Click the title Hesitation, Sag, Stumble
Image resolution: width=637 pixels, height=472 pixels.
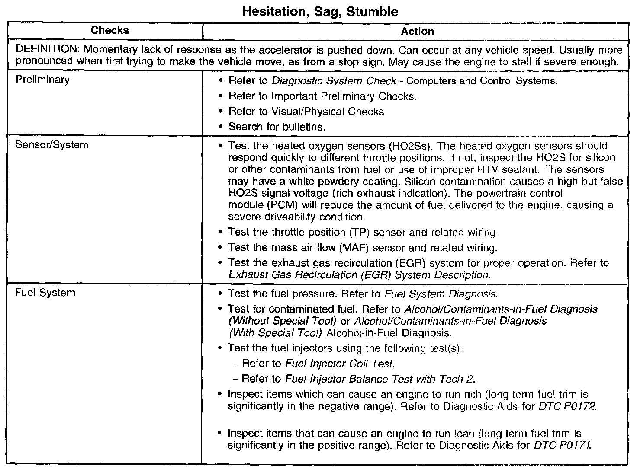tap(320, 11)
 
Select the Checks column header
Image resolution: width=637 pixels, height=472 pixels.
tap(109, 30)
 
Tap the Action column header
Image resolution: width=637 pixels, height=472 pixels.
tap(417, 31)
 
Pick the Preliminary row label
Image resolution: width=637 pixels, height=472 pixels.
tap(42, 80)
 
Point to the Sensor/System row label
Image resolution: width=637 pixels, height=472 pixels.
tap(51, 144)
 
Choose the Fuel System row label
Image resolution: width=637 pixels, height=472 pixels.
tap(45, 293)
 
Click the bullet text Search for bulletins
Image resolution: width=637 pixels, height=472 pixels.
tap(277, 127)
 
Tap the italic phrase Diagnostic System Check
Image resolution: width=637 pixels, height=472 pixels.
tap(334, 81)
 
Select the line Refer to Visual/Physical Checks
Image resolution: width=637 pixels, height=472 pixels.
tap(306, 112)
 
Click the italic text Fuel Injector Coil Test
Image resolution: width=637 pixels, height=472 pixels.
tap(340, 364)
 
